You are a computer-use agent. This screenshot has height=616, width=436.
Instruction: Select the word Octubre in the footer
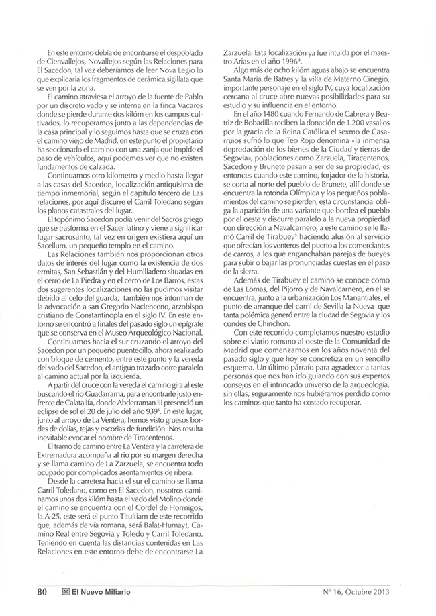(362, 592)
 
